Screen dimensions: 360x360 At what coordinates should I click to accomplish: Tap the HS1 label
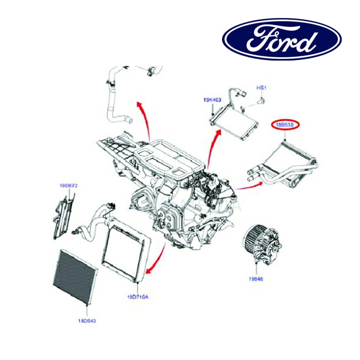[261, 88]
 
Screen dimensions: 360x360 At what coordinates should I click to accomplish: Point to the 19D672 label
[68, 186]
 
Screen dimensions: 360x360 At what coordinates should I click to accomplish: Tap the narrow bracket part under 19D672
[65, 213]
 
